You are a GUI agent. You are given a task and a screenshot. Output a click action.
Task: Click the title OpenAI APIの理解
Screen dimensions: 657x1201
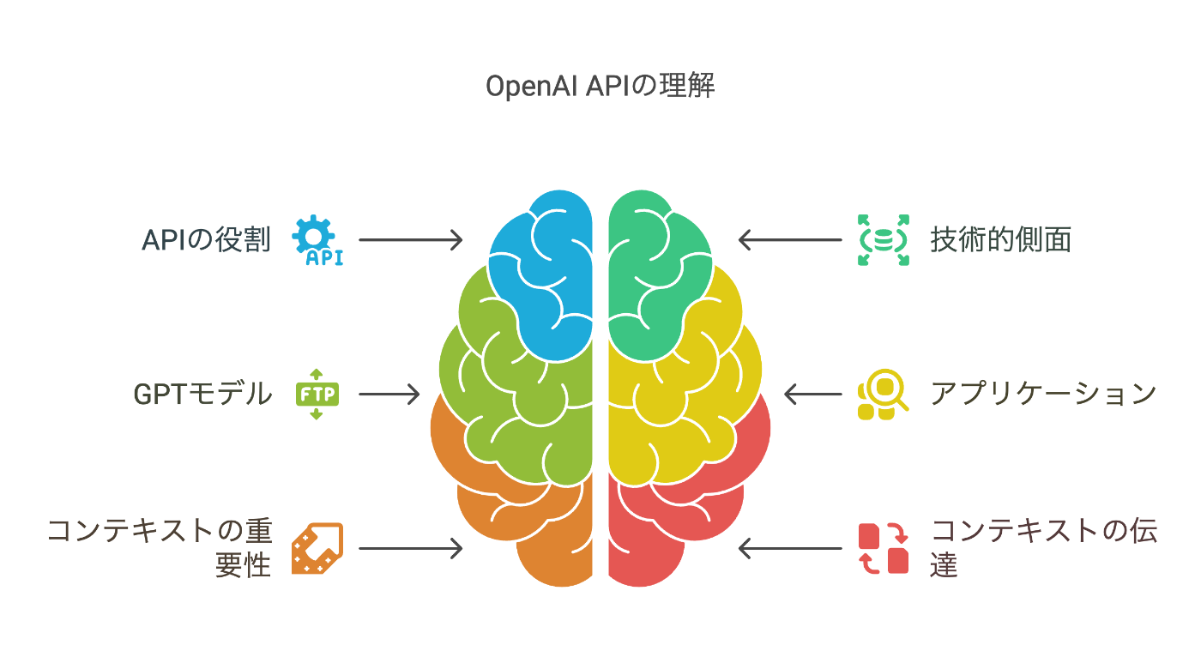pyautogui.click(x=600, y=87)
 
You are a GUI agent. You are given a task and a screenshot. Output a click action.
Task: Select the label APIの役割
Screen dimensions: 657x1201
pyautogui.click(x=206, y=239)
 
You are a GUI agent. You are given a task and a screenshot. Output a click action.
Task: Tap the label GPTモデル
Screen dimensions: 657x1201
pyautogui.click(x=202, y=394)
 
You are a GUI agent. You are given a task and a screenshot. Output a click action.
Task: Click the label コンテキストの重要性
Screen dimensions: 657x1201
pyautogui.click(x=160, y=548)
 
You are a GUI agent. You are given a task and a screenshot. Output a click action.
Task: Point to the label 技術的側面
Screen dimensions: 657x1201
pyautogui.click(x=1001, y=239)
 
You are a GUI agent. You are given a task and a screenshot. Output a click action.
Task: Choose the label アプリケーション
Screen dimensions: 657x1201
pyautogui.click(x=1044, y=394)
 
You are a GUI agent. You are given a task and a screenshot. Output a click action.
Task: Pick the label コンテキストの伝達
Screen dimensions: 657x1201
pyautogui.click(x=1044, y=548)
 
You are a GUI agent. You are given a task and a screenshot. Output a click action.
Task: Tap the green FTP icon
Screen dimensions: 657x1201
pyautogui.click(x=317, y=394)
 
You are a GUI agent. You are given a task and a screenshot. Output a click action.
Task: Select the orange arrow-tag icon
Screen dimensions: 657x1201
pyautogui.click(x=317, y=548)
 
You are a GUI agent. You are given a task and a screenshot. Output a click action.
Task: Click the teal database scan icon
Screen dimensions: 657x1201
pyautogui.click(x=884, y=239)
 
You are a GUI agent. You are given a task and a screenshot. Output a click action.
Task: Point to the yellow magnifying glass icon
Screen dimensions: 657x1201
pyautogui.click(x=884, y=394)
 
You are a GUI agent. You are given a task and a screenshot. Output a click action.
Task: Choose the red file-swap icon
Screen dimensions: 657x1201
pyautogui.click(x=884, y=548)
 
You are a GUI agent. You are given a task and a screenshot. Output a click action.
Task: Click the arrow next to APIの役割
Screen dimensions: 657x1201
pyautogui.click(x=410, y=239)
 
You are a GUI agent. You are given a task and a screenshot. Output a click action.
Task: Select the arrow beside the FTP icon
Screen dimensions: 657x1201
pyautogui.click(x=389, y=394)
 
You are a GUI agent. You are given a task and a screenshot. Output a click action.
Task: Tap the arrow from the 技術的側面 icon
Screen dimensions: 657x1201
pyautogui.click(x=790, y=239)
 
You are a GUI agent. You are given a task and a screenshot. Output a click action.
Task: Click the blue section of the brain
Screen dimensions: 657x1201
pyautogui.click(x=549, y=274)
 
